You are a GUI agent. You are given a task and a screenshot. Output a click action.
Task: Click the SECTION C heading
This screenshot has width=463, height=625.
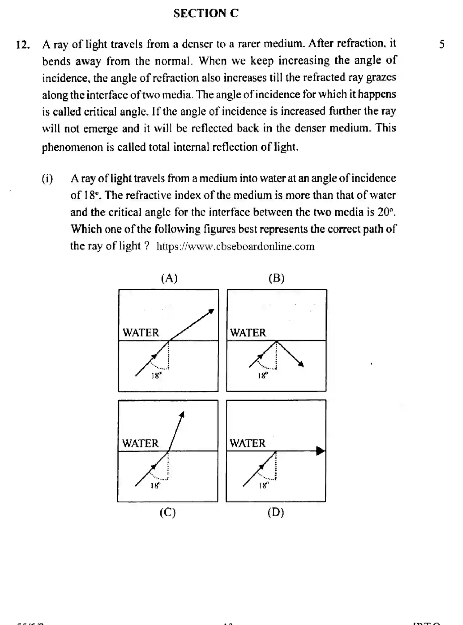click(206, 13)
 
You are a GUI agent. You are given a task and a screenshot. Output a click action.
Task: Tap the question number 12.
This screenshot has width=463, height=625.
click(23, 45)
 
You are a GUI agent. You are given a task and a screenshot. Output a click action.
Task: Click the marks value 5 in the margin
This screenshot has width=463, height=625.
click(441, 45)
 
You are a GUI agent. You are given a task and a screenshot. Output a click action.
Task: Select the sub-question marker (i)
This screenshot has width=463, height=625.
click(47, 179)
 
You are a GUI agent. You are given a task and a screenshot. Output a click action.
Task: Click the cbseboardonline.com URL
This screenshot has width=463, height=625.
click(235, 246)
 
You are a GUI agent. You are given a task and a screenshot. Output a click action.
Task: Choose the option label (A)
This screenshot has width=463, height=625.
click(169, 278)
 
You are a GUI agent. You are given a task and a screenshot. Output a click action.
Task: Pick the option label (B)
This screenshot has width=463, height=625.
click(276, 278)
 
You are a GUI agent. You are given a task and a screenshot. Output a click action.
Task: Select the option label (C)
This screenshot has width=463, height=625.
click(168, 512)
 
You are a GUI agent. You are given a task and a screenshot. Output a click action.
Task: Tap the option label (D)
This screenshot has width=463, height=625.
click(276, 512)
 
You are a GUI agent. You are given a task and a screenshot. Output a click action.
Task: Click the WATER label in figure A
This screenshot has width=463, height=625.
click(141, 332)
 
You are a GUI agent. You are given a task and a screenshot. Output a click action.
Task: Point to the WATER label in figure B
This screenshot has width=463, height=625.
click(248, 332)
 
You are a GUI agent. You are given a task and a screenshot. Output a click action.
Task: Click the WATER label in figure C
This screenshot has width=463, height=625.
click(140, 443)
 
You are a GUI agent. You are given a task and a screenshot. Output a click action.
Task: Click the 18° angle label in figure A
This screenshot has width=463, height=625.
click(156, 375)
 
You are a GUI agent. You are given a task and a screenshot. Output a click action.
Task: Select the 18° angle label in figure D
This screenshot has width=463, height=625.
click(264, 486)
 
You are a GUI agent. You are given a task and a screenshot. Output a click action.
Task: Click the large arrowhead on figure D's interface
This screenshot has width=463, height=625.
click(321, 451)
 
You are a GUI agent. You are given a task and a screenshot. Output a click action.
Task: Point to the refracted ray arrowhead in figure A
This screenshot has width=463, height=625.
click(211, 311)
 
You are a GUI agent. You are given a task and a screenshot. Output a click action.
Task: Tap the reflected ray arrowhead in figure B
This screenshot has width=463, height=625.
click(301, 364)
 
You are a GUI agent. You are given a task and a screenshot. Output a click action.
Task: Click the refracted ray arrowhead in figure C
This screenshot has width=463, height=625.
click(182, 415)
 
